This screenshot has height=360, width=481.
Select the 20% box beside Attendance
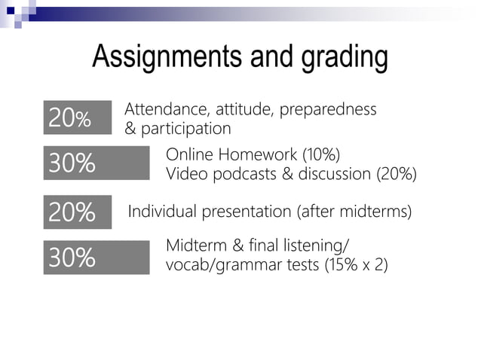click(x=77, y=117)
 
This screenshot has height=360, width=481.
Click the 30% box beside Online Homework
click(x=96, y=163)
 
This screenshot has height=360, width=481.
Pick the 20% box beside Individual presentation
click(x=77, y=212)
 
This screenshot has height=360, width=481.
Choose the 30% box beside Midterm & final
click(x=96, y=257)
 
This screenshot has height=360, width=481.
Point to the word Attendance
click(x=158, y=109)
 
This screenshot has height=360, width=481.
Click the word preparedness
click(x=328, y=110)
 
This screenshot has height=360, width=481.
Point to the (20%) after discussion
click(x=396, y=175)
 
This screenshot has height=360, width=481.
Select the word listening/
click(x=318, y=246)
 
